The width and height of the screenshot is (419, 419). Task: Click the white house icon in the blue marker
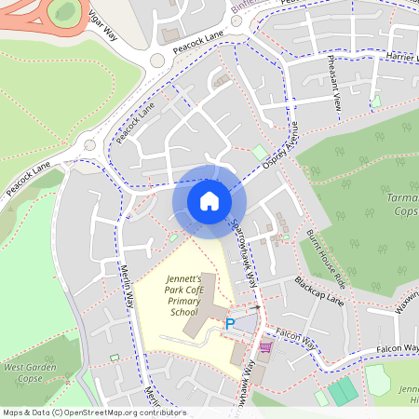209,201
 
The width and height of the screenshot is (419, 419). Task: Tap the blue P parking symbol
230,324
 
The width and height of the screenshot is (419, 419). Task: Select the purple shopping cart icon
265,347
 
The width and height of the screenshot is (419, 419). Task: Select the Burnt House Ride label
326,258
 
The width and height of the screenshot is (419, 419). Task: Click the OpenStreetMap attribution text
93,412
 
